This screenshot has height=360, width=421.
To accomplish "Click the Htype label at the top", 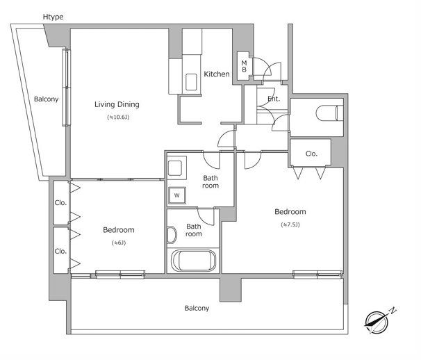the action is pyautogui.click(x=53, y=17).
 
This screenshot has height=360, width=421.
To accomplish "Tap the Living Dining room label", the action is pyautogui.click(x=117, y=104).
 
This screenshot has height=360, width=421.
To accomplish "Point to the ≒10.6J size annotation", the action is pyautogui.click(x=118, y=117).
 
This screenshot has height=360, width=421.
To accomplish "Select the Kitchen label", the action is pyautogui.click(x=217, y=74).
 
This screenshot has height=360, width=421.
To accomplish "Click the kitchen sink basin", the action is pyautogui.click(x=191, y=82).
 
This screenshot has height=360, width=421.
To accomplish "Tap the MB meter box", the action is pyautogui.click(x=244, y=66).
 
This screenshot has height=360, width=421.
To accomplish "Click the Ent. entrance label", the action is pyautogui.click(x=274, y=99).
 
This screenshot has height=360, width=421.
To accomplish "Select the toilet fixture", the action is pyautogui.click(x=329, y=113).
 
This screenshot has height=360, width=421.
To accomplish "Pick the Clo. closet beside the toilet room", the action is pyautogui.click(x=311, y=153).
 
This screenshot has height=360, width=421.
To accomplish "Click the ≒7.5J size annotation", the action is pyautogui.click(x=290, y=224).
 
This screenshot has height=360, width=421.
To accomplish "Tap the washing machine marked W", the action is pyautogui.click(x=177, y=195).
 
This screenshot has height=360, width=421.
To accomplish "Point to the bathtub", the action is pyautogui.click(x=193, y=261).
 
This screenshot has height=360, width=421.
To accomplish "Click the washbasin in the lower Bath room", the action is pyautogui.click(x=172, y=235).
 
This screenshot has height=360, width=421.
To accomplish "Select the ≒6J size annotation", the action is pyautogui.click(x=118, y=243).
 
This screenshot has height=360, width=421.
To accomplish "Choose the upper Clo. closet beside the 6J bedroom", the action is pyautogui.click(x=61, y=202).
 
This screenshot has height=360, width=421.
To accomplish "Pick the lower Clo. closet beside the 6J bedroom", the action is pyautogui.click(x=61, y=251).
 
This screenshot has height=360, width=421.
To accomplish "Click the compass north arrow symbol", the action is pyautogui.click(x=379, y=321).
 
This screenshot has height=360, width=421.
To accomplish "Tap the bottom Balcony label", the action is pyautogui.click(x=197, y=308).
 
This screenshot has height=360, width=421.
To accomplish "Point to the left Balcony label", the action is pyautogui.click(x=46, y=99).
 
